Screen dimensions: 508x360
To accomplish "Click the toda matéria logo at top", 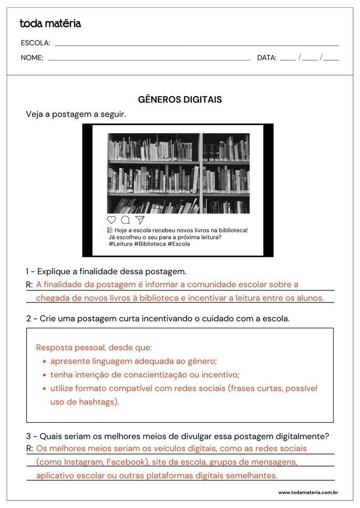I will pos(50,24).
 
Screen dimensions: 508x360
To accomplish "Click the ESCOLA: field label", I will pos(35,43).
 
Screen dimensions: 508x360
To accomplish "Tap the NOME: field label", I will pos(32,58).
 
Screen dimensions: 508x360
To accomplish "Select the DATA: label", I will pos(266,58).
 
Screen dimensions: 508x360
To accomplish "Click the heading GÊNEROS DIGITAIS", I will pos(180,99).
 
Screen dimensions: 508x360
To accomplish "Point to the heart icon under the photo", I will pos(111,220).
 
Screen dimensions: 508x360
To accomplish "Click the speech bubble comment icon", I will pos(126,220).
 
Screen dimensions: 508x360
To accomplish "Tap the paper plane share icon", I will pos(140,220).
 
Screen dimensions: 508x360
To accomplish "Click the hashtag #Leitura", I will pos(120,244).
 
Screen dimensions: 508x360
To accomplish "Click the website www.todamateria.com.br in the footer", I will pos(308,493).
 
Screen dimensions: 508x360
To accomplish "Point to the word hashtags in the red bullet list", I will pos(99,402).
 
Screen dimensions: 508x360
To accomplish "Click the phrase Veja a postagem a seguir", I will pos(76,114).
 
